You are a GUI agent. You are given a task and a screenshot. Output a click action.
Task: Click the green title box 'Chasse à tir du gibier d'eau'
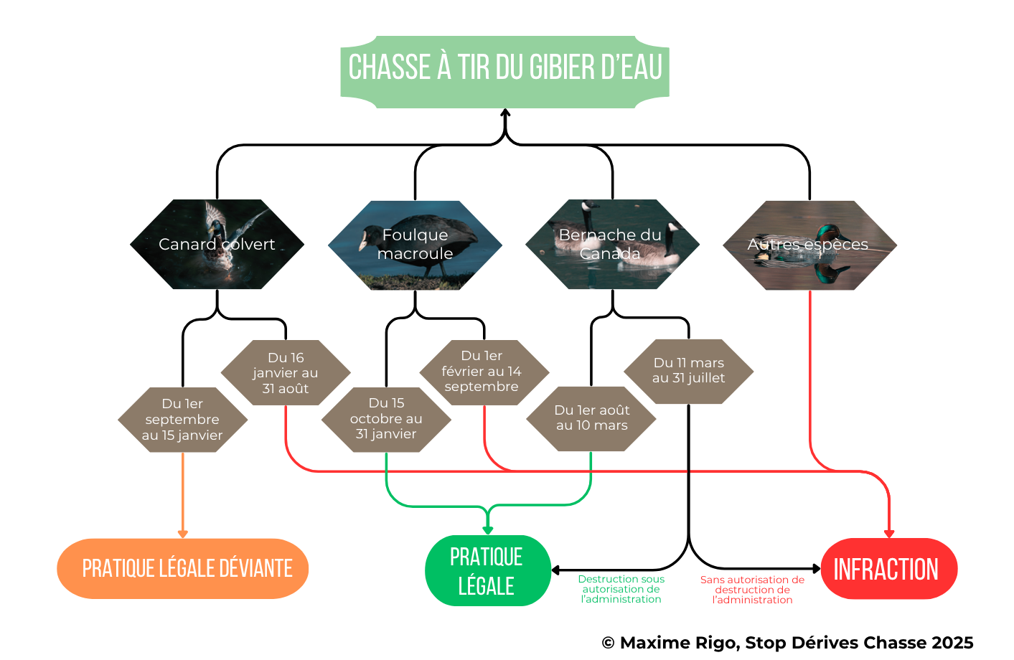pyautogui.click(x=504, y=72)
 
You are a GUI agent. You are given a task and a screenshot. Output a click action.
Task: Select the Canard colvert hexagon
pyautogui.click(x=217, y=245)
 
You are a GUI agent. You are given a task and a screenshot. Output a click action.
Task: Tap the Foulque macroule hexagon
pyautogui.click(x=415, y=245)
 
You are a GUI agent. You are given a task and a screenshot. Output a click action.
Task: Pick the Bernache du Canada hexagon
pyautogui.click(x=612, y=245)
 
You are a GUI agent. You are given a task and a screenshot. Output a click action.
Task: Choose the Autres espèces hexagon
pyautogui.click(x=810, y=245)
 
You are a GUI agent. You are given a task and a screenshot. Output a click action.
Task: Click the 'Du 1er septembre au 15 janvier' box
pyautogui.click(x=182, y=420)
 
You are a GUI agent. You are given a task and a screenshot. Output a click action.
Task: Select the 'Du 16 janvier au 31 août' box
pyautogui.click(x=286, y=372)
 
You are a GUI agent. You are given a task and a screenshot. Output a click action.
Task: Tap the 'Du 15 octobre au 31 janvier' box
pyautogui.click(x=386, y=419)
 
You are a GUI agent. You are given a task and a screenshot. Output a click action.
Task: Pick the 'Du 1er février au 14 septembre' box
pyautogui.click(x=484, y=372)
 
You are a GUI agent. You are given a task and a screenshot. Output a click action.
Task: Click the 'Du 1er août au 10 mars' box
pyautogui.click(x=591, y=419)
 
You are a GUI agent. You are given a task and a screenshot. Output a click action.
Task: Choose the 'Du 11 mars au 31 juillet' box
pyautogui.click(x=688, y=371)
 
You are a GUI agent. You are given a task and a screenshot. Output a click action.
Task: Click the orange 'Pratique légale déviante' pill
pyautogui.click(x=182, y=569)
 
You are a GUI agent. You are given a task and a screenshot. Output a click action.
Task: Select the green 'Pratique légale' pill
pyautogui.click(x=487, y=570)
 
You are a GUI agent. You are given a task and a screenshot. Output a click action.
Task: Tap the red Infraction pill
pyautogui.click(x=889, y=569)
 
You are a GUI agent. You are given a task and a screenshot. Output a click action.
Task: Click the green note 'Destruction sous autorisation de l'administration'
pyautogui.click(x=621, y=589)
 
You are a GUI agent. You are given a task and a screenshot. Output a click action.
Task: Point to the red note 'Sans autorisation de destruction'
pyautogui.click(x=752, y=590)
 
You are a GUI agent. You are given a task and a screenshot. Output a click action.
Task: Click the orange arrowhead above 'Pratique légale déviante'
pyautogui.click(x=182, y=534)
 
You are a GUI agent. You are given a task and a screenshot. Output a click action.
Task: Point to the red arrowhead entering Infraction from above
pyautogui.click(x=889, y=534)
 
